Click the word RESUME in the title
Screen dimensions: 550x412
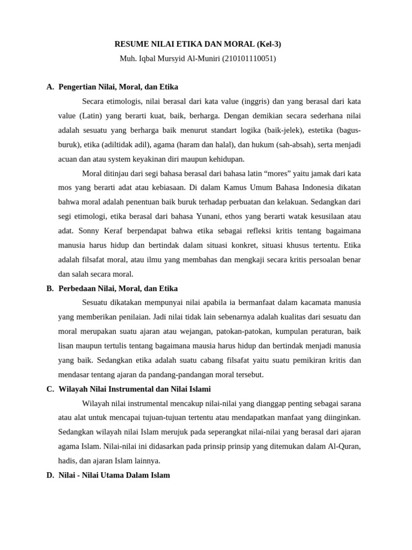131,45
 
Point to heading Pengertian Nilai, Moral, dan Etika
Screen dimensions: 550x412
118,86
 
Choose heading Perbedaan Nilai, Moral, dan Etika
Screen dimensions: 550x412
118,288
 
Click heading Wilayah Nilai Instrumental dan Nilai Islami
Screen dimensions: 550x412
135,389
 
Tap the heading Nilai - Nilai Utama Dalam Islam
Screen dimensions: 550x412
114,475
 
